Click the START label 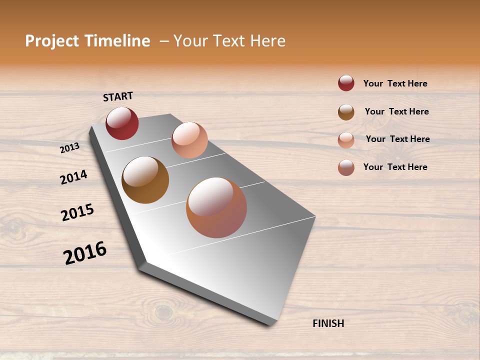pos(118,96)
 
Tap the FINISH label pos(328,323)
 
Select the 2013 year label pos(69,148)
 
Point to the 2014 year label pos(73,177)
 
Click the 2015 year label pos(77,212)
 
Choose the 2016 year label pos(85,253)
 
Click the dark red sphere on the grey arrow pos(122,123)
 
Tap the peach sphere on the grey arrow pos(189,140)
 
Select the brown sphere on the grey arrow pos(145,180)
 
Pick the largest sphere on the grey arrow pos(216,207)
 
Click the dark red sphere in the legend pos(346,83)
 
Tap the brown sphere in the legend pos(346,112)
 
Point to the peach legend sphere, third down pos(346,140)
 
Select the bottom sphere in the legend pos(346,167)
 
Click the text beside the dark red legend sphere pos(395,83)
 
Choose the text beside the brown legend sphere pos(396,111)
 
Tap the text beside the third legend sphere pos(397,139)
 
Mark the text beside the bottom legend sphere pos(395,167)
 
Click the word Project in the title pos(52,41)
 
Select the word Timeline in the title pos(117,41)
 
